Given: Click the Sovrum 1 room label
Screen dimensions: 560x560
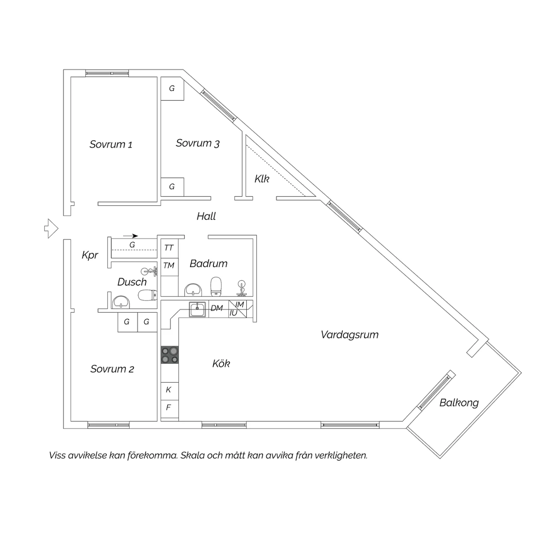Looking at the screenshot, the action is pyautogui.click(x=111, y=144).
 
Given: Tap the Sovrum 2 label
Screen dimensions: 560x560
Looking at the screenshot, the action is pyautogui.click(x=112, y=369).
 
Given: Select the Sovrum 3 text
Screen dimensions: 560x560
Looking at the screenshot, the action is pyautogui.click(x=197, y=143).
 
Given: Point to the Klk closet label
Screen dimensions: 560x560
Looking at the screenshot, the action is pyautogui.click(x=262, y=179).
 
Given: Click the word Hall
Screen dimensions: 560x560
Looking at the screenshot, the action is pyautogui.click(x=206, y=216).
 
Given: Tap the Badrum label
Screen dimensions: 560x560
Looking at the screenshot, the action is pyautogui.click(x=209, y=264).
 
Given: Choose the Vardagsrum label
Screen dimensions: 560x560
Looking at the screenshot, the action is pyautogui.click(x=350, y=335).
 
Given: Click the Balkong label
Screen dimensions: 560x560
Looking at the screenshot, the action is pyautogui.click(x=459, y=403).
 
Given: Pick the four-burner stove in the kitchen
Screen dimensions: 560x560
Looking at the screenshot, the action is pyautogui.click(x=170, y=355).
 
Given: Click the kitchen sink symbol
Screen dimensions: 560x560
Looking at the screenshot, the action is pyautogui.click(x=197, y=309).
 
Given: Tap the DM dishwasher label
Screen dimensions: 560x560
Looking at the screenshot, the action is pyautogui.click(x=217, y=308).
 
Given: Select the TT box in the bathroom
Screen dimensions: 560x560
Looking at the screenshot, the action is pyautogui.click(x=169, y=248).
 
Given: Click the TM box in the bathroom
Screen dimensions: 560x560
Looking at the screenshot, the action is pyautogui.click(x=169, y=266).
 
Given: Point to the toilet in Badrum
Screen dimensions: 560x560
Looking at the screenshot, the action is pyautogui.click(x=216, y=286).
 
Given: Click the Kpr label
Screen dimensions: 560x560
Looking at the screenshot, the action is pyautogui.click(x=90, y=255).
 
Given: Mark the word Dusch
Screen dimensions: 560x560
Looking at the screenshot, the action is pyautogui.click(x=132, y=282).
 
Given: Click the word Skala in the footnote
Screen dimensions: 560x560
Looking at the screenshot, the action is pyautogui.click(x=193, y=455).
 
